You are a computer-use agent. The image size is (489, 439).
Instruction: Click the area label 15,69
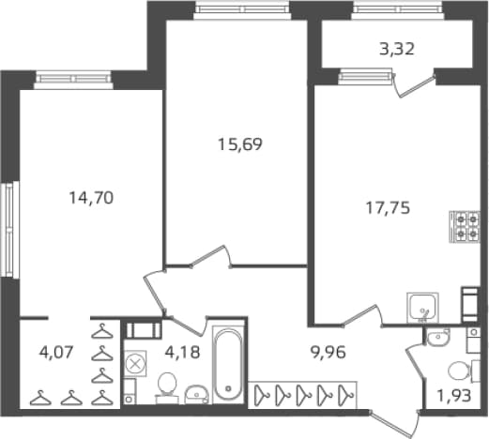240,144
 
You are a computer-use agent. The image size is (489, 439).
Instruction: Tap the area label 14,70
91,198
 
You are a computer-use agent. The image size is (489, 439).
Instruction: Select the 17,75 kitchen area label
388,208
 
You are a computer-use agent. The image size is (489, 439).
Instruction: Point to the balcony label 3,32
397,49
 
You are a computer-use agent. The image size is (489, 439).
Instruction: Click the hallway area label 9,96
328,353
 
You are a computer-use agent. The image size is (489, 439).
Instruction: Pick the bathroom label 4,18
182,353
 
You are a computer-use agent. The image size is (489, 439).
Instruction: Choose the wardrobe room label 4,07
56,353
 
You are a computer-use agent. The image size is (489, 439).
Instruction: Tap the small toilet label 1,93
454,396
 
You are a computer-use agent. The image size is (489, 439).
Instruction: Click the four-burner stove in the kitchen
465,227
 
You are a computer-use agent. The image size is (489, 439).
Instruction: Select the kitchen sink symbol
422,308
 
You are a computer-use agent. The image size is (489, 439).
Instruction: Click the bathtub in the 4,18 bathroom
228,365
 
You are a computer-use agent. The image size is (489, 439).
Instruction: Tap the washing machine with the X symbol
135,364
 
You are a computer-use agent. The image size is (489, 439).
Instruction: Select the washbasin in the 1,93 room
438,338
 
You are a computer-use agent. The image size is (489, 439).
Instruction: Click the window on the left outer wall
9,230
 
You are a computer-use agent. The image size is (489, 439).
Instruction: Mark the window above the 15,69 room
242,8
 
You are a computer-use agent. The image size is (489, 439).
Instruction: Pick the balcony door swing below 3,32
414,85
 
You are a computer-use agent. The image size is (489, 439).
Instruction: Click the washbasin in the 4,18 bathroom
196,394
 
